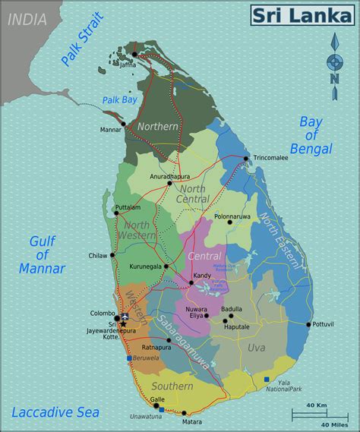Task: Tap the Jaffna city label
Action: click(128, 65)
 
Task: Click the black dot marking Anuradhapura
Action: click(170, 183)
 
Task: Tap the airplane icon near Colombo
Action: click(125, 317)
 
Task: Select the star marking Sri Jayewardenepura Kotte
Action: click(123, 324)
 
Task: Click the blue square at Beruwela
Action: click(129, 358)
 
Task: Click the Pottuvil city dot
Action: click(308, 325)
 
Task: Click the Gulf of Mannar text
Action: click(47, 254)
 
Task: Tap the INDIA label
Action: click(26, 19)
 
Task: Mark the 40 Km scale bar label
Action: click(317, 406)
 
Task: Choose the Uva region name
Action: click(256, 348)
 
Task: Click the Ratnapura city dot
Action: click(169, 340)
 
